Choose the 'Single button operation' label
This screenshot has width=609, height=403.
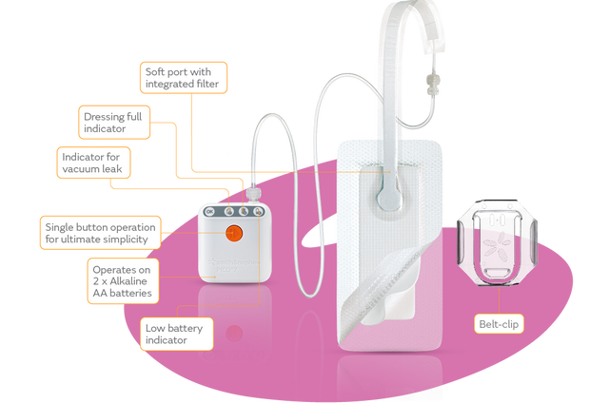[x=100, y=234]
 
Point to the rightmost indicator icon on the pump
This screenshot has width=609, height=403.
[x=257, y=213]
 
